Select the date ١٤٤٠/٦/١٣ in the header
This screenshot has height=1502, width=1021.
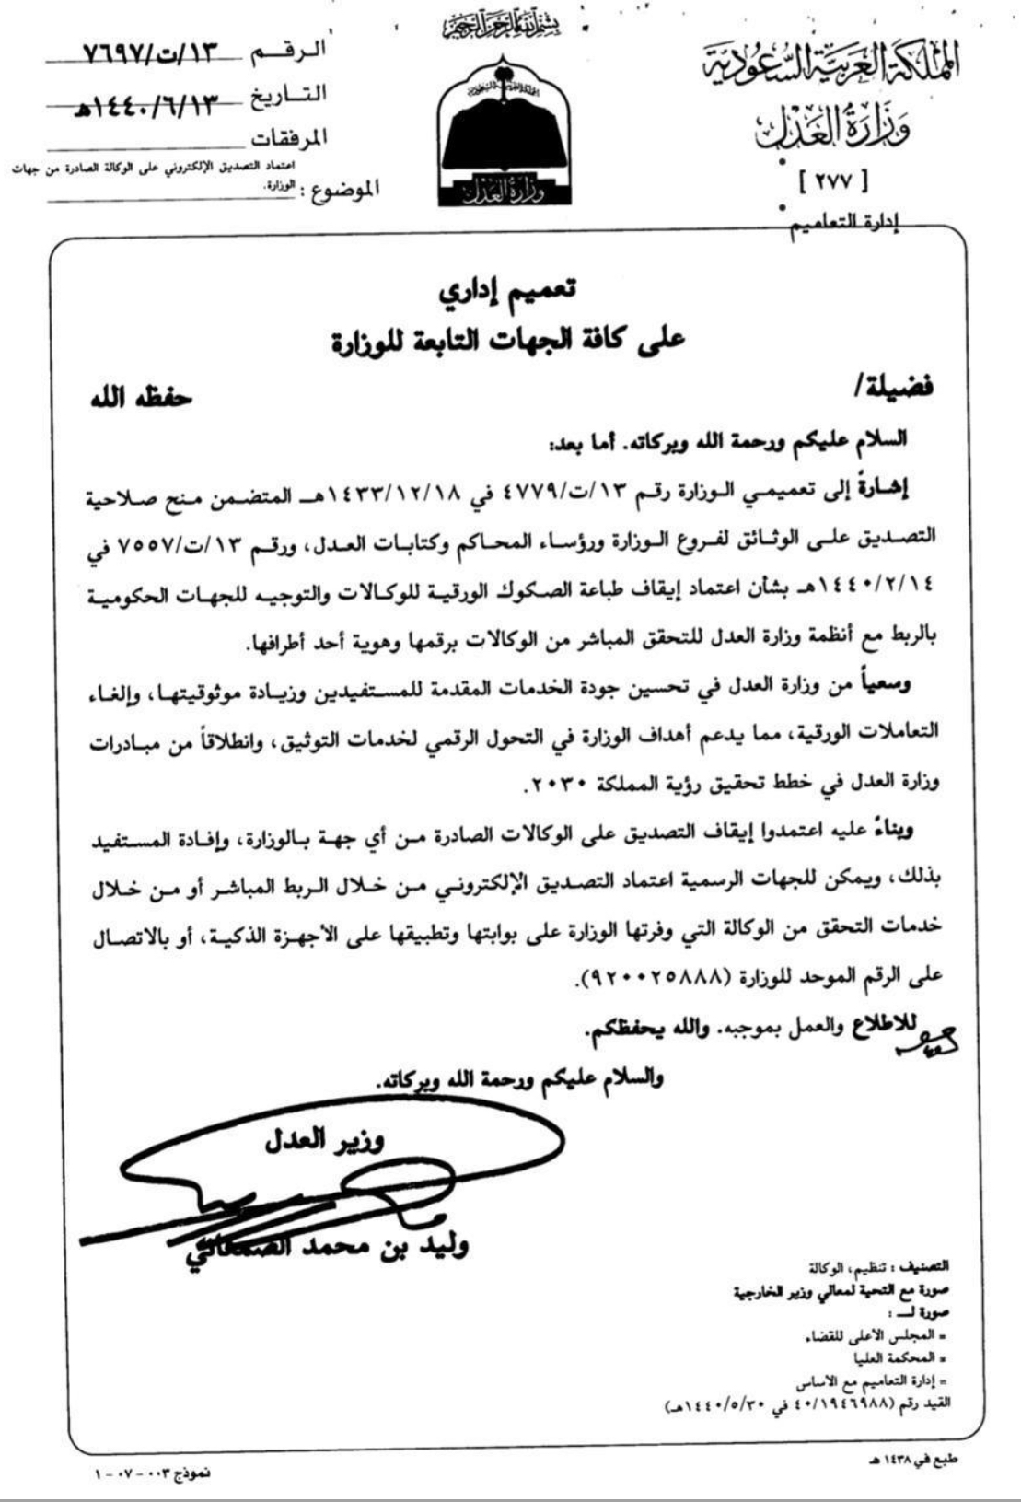152,102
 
